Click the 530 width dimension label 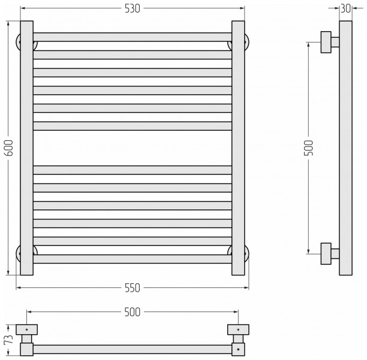[x=133, y=8]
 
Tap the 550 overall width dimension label [x=133, y=288]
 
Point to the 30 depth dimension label [x=345, y=8]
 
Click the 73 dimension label [x=8, y=339]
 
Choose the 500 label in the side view [x=308, y=148]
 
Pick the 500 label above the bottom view [x=133, y=312]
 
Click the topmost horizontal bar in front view [x=133, y=37]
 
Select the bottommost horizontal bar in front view [x=133, y=259]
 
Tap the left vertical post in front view [x=26, y=148]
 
